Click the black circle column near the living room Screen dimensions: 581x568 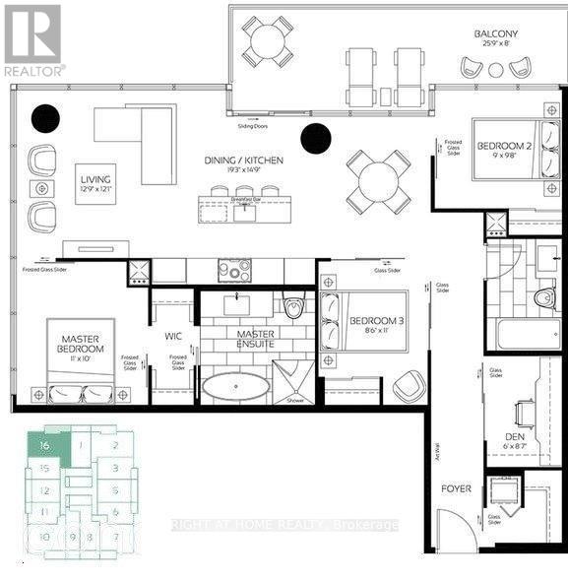pyautogui.click(x=45, y=118)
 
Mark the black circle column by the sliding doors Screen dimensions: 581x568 pyautogui.click(x=315, y=140)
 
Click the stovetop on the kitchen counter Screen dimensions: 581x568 pyautogui.click(x=234, y=270)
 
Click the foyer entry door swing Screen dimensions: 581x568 pyautogui.click(x=455, y=528)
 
